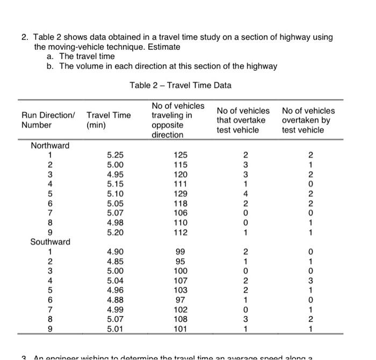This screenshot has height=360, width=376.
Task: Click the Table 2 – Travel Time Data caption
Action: (x=180, y=85)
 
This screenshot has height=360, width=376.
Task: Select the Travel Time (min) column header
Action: (x=109, y=120)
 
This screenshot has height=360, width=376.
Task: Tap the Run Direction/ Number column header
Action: (x=48, y=120)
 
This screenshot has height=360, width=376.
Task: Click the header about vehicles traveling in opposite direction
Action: (x=178, y=120)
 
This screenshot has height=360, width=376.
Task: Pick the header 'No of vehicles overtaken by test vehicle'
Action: (x=308, y=120)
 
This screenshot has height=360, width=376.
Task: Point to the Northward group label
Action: (x=50, y=145)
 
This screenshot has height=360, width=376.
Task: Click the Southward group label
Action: (x=50, y=242)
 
